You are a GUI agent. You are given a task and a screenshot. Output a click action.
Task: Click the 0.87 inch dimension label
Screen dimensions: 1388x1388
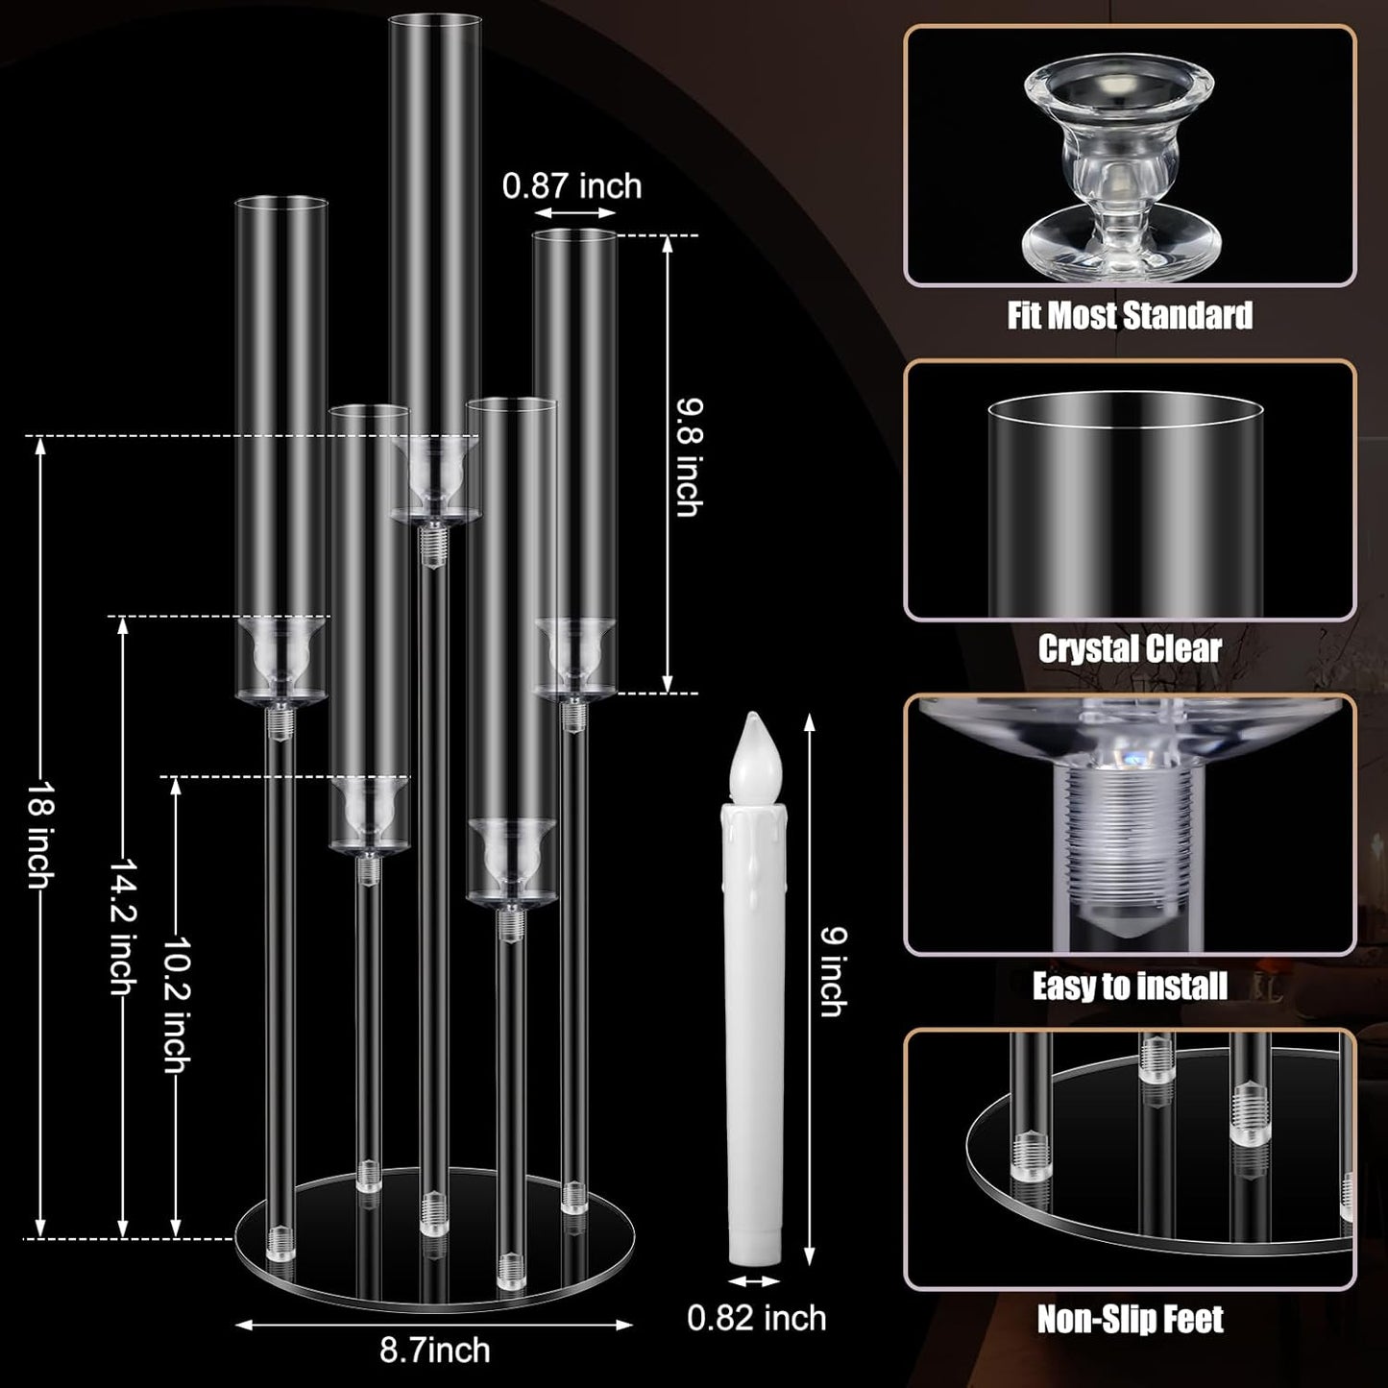coord(572,185)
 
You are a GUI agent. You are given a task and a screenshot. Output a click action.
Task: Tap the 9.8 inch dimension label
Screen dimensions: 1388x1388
coord(688,457)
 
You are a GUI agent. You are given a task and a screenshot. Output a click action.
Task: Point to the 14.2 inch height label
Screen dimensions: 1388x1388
coord(122,926)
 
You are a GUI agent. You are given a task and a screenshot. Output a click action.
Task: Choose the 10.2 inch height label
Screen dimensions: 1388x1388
coord(177,1006)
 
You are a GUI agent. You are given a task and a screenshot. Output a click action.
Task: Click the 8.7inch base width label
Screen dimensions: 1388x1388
coord(435,1350)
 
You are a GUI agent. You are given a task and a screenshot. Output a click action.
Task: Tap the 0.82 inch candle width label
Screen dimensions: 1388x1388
coord(756,1318)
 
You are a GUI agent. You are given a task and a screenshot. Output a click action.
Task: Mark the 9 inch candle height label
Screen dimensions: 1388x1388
coord(834,972)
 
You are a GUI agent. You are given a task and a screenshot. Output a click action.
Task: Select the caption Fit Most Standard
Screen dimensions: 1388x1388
coord(1130,315)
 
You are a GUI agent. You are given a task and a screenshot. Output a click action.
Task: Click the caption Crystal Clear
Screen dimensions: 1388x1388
coord(1130,648)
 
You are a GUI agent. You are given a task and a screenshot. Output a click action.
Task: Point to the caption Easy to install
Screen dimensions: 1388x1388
coord(1130,986)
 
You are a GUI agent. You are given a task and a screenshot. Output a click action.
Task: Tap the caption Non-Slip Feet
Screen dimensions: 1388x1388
coord(1130,1320)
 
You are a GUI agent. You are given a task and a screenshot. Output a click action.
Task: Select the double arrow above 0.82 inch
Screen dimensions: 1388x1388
coord(754,1281)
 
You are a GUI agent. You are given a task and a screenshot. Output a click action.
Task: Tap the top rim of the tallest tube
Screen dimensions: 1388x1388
coord(434,16)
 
